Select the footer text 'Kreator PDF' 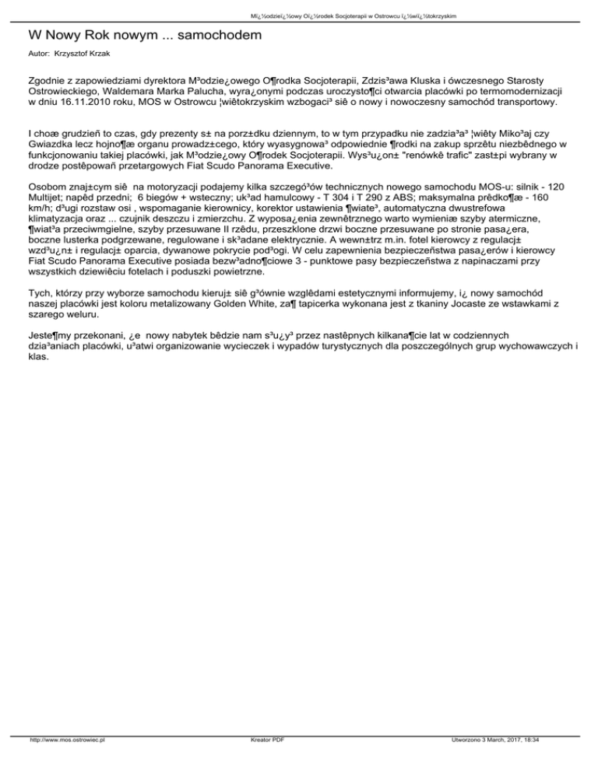pos(263,761)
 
